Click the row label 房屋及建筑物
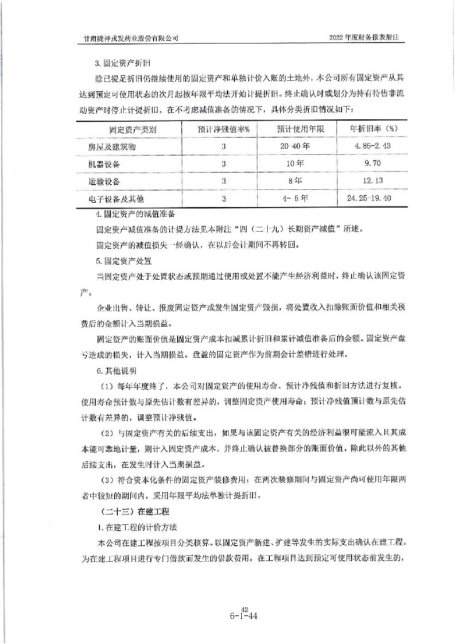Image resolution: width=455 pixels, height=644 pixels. tap(116, 147)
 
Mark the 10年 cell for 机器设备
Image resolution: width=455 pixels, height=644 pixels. tap(294, 165)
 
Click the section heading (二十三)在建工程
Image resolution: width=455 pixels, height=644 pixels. tap(128, 510)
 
